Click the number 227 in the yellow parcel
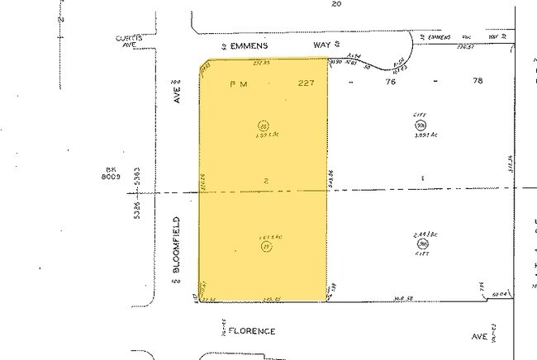pos(307,83)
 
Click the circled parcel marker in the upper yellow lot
pos(264,126)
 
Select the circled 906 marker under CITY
pos(420,125)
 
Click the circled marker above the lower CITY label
pos(423,244)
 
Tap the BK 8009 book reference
pos(110,171)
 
